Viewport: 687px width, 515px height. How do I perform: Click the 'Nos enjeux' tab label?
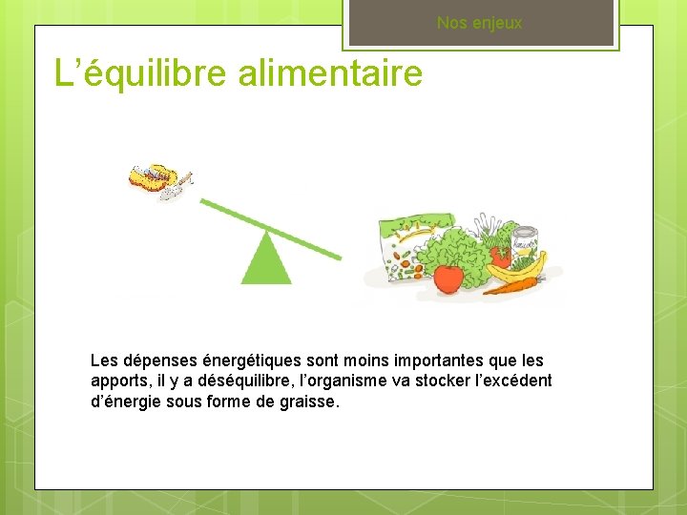(x=479, y=23)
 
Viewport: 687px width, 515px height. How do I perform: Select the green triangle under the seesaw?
(x=266, y=262)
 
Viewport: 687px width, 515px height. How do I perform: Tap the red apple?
(x=448, y=278)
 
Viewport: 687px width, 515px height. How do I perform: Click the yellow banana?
(x=518, y=268)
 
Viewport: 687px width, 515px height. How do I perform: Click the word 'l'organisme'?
(x=339, y=381)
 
